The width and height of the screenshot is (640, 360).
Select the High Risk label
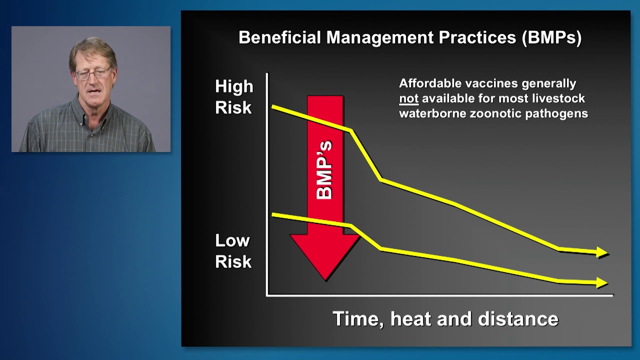tap(234, 97)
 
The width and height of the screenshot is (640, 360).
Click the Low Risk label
tap(233, 251)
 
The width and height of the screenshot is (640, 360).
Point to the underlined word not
tap(408, 98)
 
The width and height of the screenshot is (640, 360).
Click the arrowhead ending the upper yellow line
tap(602, 253)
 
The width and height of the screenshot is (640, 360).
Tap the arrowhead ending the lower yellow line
tap(602, 283)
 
